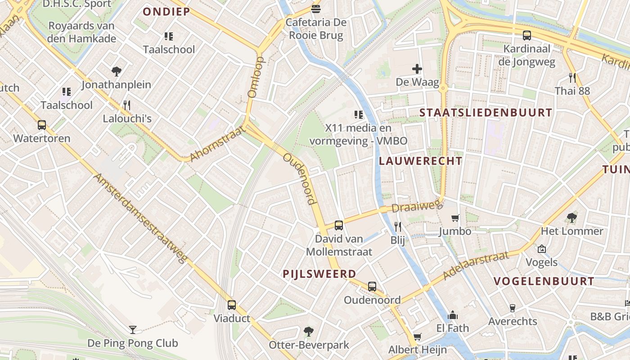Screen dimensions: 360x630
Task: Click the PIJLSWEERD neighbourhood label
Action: pos(319,274)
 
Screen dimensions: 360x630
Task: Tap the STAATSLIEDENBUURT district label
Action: pos(486,113)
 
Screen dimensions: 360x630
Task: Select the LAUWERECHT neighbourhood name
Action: pos(420,161)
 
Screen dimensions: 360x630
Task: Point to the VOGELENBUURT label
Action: pos(544,281)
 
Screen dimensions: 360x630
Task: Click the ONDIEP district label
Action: pos(166,12)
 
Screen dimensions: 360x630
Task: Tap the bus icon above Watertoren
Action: pos(42,125)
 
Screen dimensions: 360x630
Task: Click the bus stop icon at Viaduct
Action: pos(232,305)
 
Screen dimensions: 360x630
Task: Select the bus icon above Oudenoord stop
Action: pos(372,287)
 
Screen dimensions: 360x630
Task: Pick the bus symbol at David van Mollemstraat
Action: pos(339,225)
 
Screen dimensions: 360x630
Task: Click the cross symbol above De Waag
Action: pos(417,69)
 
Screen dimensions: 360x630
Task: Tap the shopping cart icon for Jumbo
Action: pos(455,218)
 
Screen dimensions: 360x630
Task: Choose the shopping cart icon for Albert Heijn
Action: pos(418,337)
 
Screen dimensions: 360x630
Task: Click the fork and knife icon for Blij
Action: pos(398,226)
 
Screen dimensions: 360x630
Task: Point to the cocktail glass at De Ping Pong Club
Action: pos(132,330)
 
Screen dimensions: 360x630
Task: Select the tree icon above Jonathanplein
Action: pos(117,71)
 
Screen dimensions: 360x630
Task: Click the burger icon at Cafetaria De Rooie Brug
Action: pos(316,9)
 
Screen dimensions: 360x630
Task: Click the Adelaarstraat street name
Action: pos(476,265)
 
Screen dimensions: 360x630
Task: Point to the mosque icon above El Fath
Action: pos(453,315)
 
